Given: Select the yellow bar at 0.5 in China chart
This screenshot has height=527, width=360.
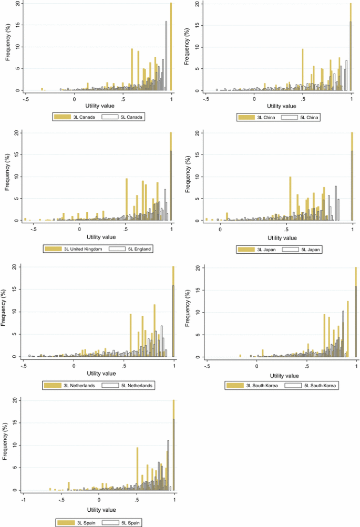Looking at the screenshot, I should coord(303,69).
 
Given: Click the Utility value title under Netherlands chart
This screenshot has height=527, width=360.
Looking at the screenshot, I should coord(101,374).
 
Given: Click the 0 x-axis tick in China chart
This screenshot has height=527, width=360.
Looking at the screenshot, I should coord(254,98).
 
